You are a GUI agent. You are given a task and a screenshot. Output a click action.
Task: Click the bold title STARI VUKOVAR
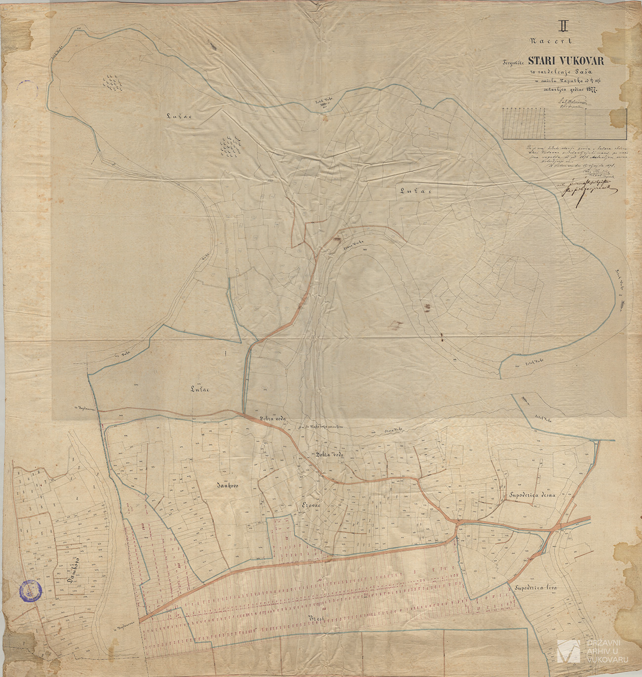tap(569, 61)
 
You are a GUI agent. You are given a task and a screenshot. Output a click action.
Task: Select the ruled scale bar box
tap(564, 123)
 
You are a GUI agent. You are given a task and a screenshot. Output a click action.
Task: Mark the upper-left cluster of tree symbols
tap(113, 82)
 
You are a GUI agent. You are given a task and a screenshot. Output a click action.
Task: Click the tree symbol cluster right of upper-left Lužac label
tap(230, 145)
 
